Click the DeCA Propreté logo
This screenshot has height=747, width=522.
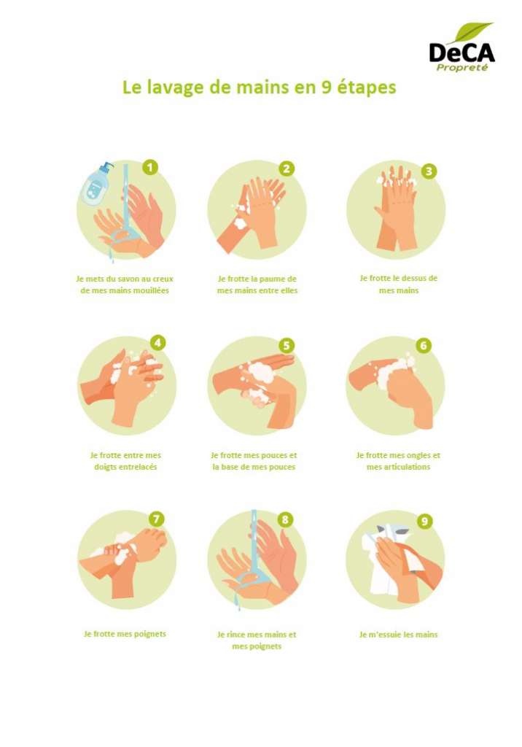[x=461, y=52]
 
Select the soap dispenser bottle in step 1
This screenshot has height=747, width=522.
[x=96, y=185]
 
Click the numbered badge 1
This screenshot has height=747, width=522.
[x=149, y=168]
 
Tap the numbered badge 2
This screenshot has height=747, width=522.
[x=287, y=169]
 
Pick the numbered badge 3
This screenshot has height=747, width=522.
[x=429, y=171]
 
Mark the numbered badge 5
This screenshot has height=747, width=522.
[x=287, y=345]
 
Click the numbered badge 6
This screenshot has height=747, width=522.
[x=424, y=345]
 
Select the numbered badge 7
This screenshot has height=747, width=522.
[x=156, y=519]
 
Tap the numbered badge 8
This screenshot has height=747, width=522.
[x=286, y=520]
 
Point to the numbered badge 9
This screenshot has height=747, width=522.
[x=424, y=521]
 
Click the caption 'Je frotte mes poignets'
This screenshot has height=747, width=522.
[x=125, y=634]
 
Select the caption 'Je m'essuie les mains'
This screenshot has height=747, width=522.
[x=398, y=635]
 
